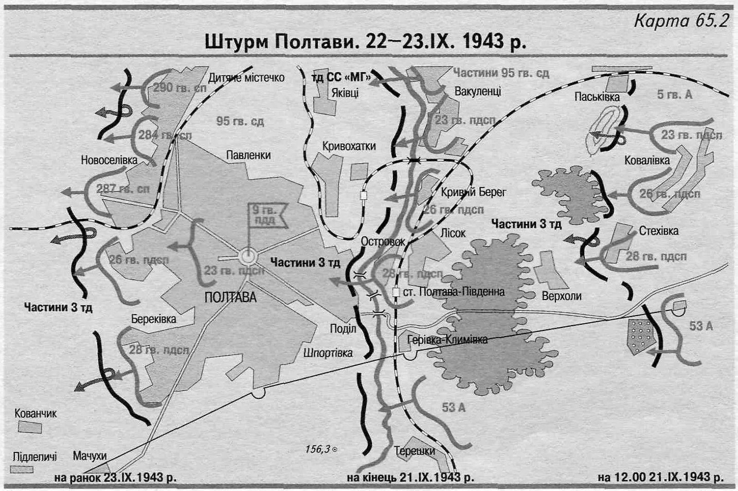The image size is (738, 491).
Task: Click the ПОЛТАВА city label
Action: [x=230, y=297]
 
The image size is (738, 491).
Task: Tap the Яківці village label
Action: [x=345, y=93]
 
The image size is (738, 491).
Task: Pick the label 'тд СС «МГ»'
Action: [x=341, y=78]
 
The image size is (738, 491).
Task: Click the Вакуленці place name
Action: [x=477, y=92]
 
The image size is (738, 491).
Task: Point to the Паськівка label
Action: [x=597, y=97]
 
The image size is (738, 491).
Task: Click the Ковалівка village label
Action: [x=647, y=160]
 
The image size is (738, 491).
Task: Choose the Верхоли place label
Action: [x=562, y=296]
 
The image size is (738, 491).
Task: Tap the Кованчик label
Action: [x=35, y=413]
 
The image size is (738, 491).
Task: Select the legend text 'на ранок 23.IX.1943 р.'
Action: [x=115, y=477]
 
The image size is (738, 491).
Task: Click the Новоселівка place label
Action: [x=109, y=160]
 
